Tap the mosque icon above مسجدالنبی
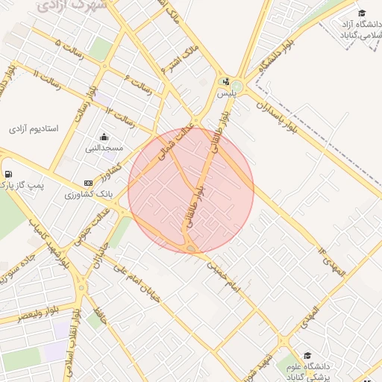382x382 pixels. coord(103,137)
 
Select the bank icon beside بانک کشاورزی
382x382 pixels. coord(89,183)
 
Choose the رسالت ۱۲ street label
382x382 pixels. coord(119,114)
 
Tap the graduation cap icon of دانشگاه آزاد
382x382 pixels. coord(362,13)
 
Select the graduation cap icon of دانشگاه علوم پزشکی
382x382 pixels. coord(307,355)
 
